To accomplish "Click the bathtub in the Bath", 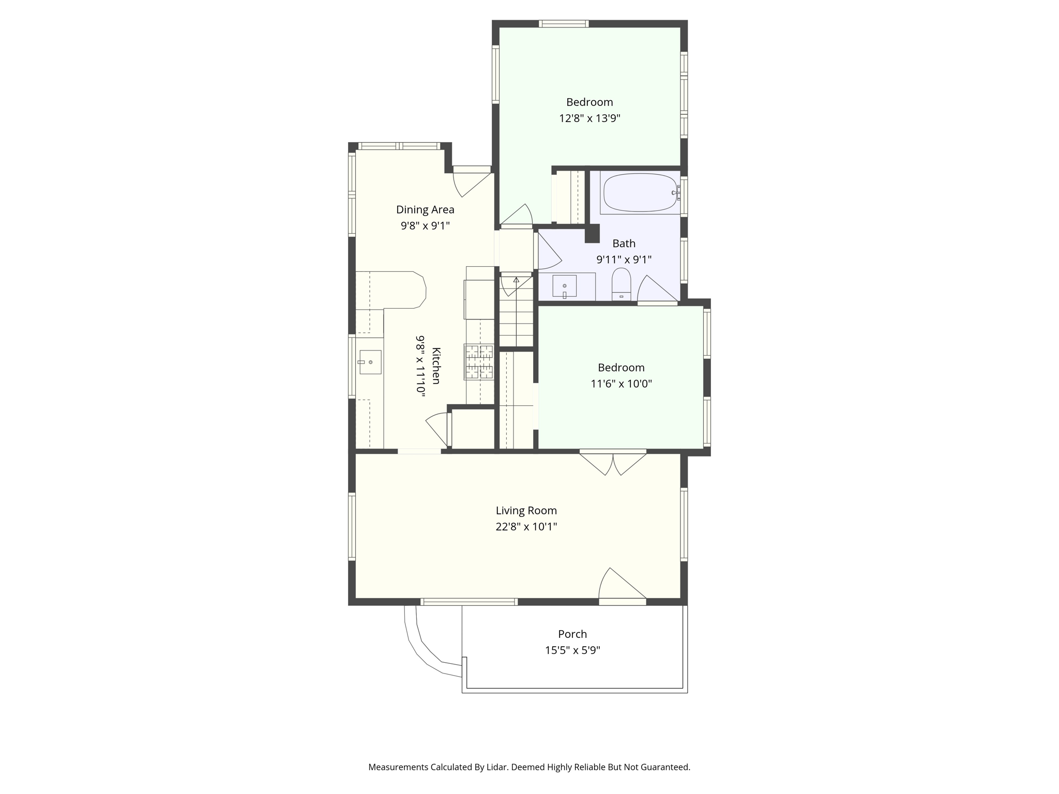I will [x=640, y=192].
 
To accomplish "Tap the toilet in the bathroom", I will [x=621, y=284].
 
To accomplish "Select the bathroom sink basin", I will [x=565, y=285].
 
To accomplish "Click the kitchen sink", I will [x=370, y=362].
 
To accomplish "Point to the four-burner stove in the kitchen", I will [x=479, y=362].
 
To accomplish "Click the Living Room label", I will [x=526, y=511].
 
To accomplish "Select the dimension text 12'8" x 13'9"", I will [x=589, y=118].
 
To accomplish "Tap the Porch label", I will [x=572, y=634].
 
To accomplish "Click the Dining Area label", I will [x=425, y=209].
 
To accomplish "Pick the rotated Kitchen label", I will [x=436, y=366].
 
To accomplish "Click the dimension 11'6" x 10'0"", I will [x=621, y=384].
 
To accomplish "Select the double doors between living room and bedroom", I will [x=613, y=463].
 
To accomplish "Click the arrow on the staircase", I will [x=516, y=281].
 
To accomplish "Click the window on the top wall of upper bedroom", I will [x=563, y=23].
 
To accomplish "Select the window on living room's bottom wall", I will [x=468, y=602].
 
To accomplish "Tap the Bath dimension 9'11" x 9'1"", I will [x=624, y=259].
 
